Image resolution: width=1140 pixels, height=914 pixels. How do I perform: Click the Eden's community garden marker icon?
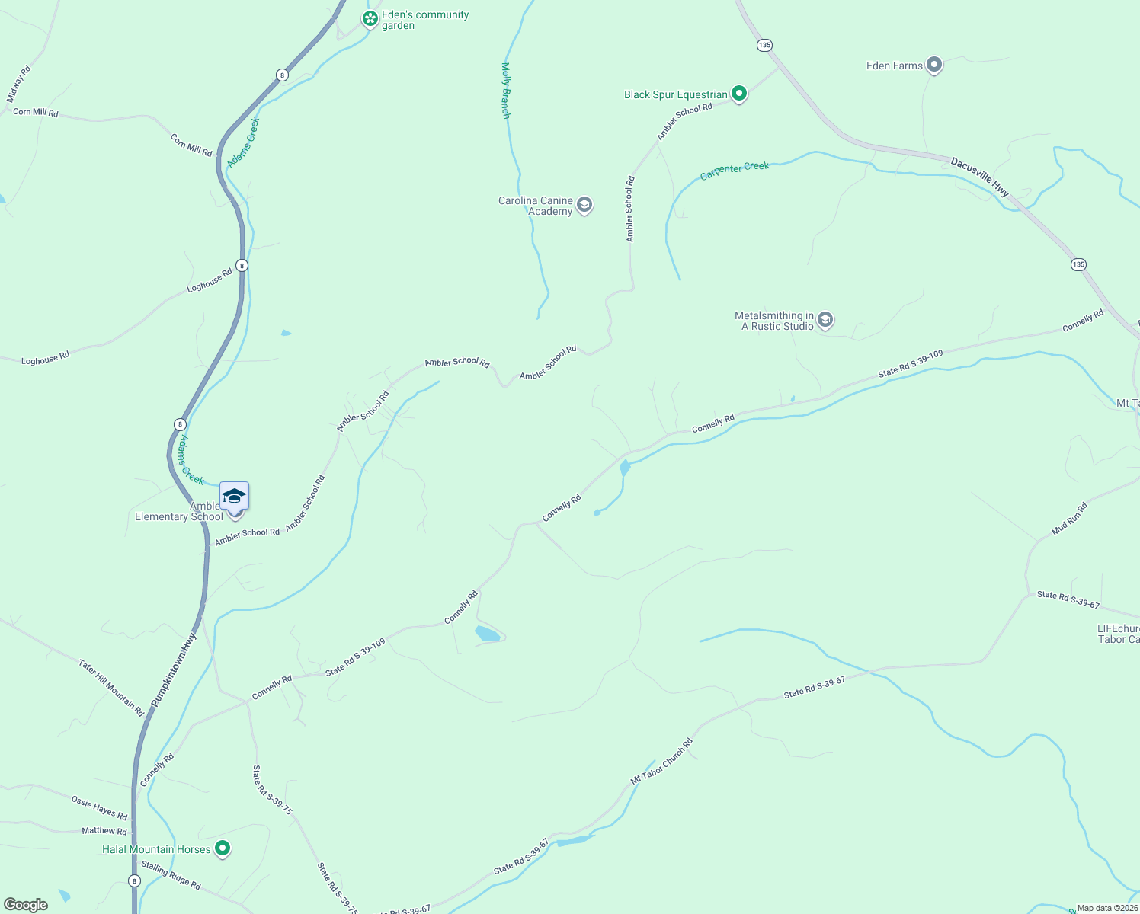[370, 19]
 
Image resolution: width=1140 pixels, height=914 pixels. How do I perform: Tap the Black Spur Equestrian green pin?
[738, 94]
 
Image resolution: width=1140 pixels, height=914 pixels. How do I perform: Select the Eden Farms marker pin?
[934, 66]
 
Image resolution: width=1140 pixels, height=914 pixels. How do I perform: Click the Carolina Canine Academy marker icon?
[584, 205]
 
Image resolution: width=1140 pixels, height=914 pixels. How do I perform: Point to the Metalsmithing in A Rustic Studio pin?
[825, 321]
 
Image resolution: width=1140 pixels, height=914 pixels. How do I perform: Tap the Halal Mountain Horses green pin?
[223, 848]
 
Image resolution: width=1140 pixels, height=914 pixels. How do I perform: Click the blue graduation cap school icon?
[234, 497]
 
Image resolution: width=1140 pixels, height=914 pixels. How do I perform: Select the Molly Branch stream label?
[505, 91]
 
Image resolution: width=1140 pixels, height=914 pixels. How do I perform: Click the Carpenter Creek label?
[735, 170]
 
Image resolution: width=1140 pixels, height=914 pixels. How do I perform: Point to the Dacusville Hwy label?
[980, 177]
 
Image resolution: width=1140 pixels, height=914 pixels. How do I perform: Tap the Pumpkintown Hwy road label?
[174, 670]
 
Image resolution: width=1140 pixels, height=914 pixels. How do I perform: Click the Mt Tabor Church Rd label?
[661, 762]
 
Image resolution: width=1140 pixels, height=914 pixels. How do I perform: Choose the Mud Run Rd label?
[1068, 519]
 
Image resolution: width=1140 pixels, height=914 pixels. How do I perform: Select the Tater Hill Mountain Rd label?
[111, 688]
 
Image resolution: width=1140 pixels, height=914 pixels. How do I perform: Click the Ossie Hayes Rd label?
[99, 807]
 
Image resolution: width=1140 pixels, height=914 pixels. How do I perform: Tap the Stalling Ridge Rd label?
[171, 874]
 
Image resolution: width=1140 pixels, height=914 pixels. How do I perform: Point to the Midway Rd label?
[19, 84]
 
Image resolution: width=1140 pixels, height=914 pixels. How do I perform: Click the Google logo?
[26, 905]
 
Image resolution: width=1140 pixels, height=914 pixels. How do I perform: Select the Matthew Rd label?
[104, 830]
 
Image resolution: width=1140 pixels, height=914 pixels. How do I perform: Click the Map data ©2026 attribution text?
[1106, 908]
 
